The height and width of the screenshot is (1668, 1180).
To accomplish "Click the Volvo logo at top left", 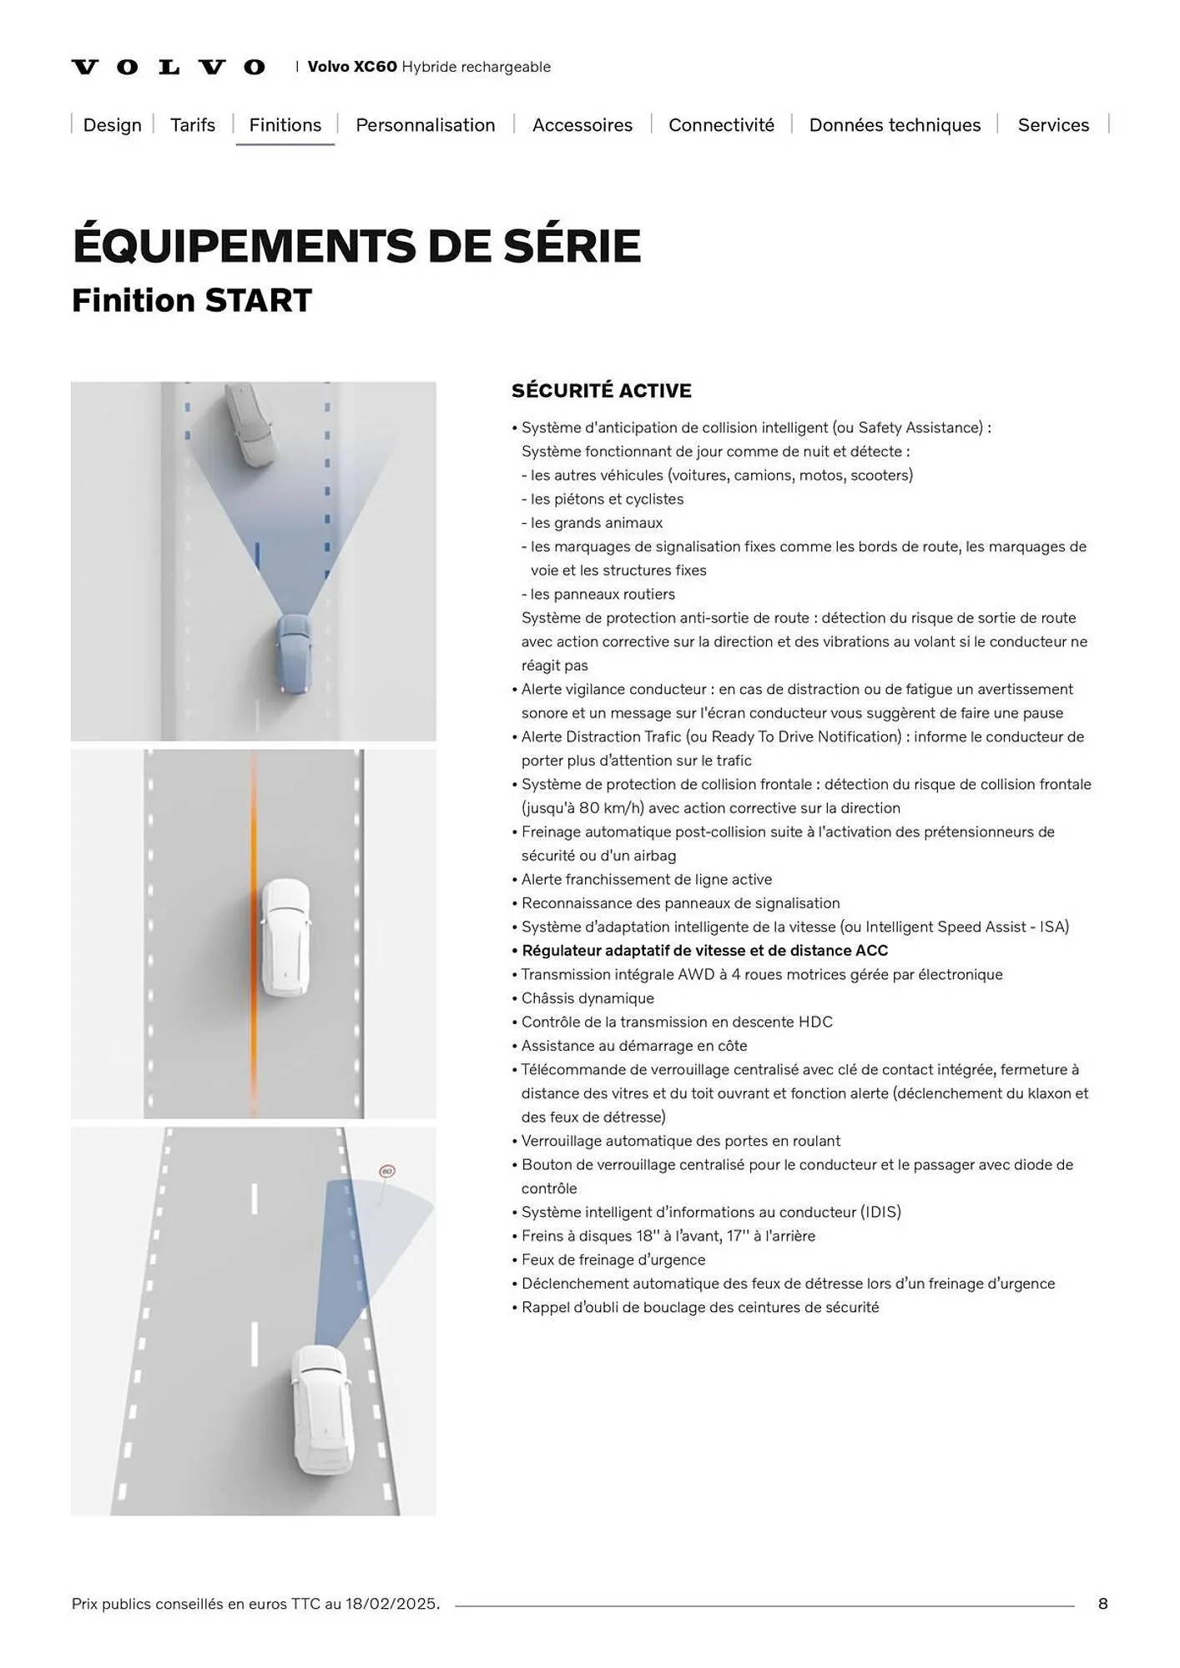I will pyautogui.click(x=169, y=67).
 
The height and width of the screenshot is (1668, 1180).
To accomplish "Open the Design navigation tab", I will pyautogui.click(x=113, y=125).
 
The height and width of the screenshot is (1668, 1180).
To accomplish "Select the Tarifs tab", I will pyautogui.click(x=193, y=125).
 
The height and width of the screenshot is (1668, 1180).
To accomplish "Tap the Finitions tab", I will pyautogui.click(x=285, y=125).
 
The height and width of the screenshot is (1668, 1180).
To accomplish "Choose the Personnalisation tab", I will pyautogui.click(x=426, y=125).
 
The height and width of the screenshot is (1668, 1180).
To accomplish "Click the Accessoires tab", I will pyautogui.click(x=582, y=125).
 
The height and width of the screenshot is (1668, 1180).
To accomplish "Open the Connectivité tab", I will pyautogui.click(x=721, y=125).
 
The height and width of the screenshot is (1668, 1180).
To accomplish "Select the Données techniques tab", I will pyautogui.click(x=895, y=125).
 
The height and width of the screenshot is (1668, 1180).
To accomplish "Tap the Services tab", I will pyautogui.click(x=1053, y=125).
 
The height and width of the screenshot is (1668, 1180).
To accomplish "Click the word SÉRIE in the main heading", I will pyautogui.click(x=572, y=246).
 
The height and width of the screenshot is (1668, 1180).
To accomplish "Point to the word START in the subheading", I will pyautogui.click(x=259, y=301).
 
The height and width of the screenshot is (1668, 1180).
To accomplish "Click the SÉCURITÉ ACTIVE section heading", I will pyautogui.click(x=602, y=390).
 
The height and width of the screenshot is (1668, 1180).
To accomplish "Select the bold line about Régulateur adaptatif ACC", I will pyautogui.click(x=704, y=951).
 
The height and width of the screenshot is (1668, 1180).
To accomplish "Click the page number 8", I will pyautogui.click(x=1102, y=1604).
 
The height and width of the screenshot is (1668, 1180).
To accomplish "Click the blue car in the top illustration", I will pyautogui.click(x=294, y=655).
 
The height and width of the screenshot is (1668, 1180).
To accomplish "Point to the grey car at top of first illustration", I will pyautogui.click(x=250, y=424).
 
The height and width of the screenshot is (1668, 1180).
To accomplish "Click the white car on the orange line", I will pyautogui.click(x=285, y=937).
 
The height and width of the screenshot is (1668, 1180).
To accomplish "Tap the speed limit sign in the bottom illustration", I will pyautogui.click(x=386, y=1172).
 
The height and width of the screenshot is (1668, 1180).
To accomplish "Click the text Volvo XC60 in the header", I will pyautogui.click(x=352, y=67).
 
